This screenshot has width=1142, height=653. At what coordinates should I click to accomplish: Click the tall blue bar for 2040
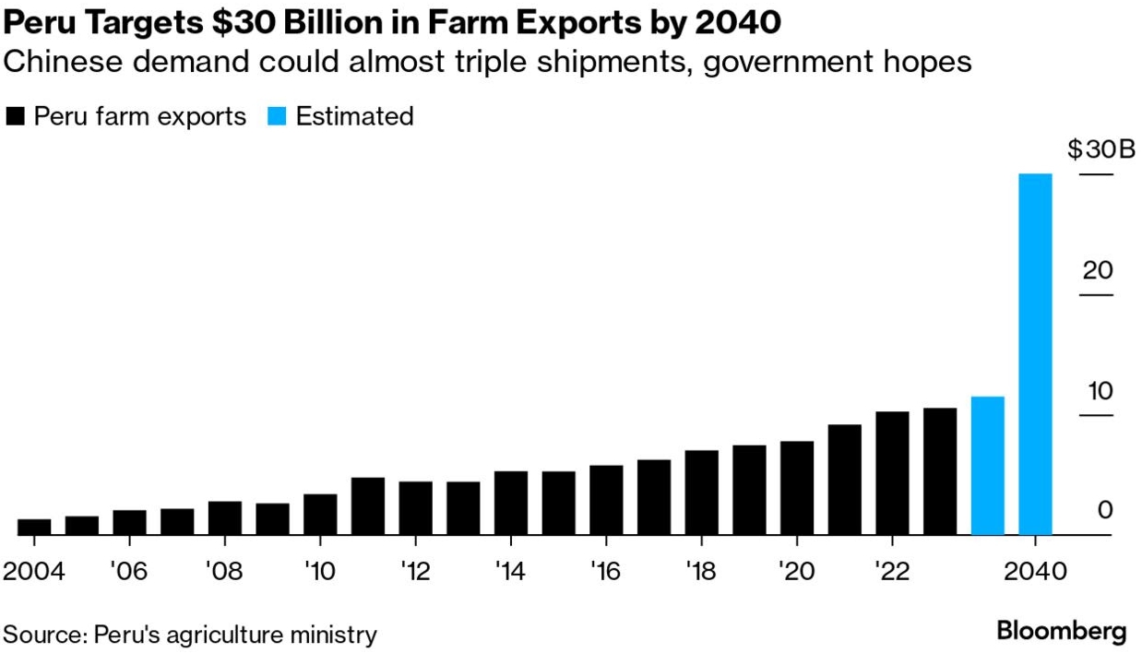click(1035, 354)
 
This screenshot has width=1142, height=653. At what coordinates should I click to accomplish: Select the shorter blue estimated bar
click(987, 466)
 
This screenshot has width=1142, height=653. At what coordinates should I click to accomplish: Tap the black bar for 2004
click(34, 527)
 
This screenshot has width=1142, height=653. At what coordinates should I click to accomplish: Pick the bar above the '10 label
click(320, 515)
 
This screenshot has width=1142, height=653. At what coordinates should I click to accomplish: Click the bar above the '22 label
click(892, 473)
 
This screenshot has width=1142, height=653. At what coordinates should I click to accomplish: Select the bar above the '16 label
click(606, 500)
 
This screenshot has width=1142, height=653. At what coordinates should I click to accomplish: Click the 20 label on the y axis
click(1098, 270)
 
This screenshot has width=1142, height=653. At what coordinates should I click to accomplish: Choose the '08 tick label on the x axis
click(224, 571)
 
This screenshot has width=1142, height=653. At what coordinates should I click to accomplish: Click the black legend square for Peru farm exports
click(15, 117)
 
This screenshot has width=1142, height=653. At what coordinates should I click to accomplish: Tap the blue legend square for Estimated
click(277, 117)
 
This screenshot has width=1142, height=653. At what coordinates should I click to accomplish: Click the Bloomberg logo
click(1061, 633)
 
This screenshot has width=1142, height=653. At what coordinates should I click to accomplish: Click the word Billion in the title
click(297, 19)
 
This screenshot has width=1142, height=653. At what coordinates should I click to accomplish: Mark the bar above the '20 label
click(797, 488)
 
